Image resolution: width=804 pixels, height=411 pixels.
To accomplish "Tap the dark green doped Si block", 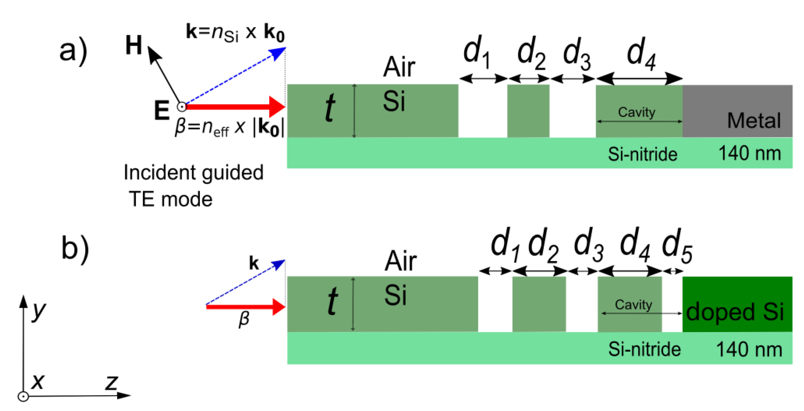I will (736, 304).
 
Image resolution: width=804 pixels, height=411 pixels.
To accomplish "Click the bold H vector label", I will (134, 45).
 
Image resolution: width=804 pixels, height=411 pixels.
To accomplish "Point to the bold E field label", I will (162, 110).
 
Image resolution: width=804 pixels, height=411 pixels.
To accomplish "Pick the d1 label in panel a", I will (476, 52).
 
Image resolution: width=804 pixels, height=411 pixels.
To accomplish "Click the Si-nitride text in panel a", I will (642, 154).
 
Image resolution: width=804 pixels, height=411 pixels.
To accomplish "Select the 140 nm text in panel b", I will (749, 350).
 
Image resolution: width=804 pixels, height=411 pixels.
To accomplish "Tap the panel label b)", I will (75, 248).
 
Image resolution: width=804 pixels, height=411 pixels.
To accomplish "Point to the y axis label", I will (39, 311).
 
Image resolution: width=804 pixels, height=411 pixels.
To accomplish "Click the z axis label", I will (112, 383).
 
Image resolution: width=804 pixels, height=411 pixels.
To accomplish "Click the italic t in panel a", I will (329, 108).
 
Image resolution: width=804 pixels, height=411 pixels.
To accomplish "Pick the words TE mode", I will (170, 199).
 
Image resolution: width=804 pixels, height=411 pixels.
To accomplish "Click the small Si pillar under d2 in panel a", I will (528, 111).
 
